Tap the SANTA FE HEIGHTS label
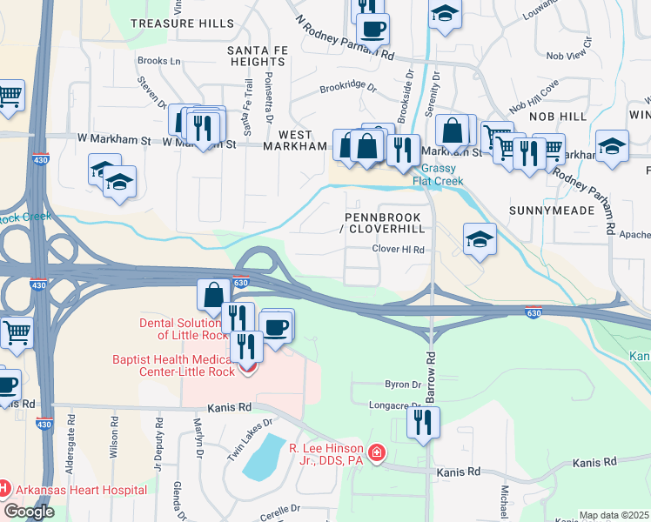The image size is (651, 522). pos(258,57)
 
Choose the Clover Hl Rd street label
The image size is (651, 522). pos(399,250)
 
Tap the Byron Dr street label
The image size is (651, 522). pos(403,384)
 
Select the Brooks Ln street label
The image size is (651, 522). pos(159,62)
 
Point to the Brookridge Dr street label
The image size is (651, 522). pos(347,88)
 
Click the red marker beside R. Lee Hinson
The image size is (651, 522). pos(376,452)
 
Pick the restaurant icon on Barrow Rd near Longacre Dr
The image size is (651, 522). pos(423,423)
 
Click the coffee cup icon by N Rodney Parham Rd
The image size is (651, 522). pos(372,28)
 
